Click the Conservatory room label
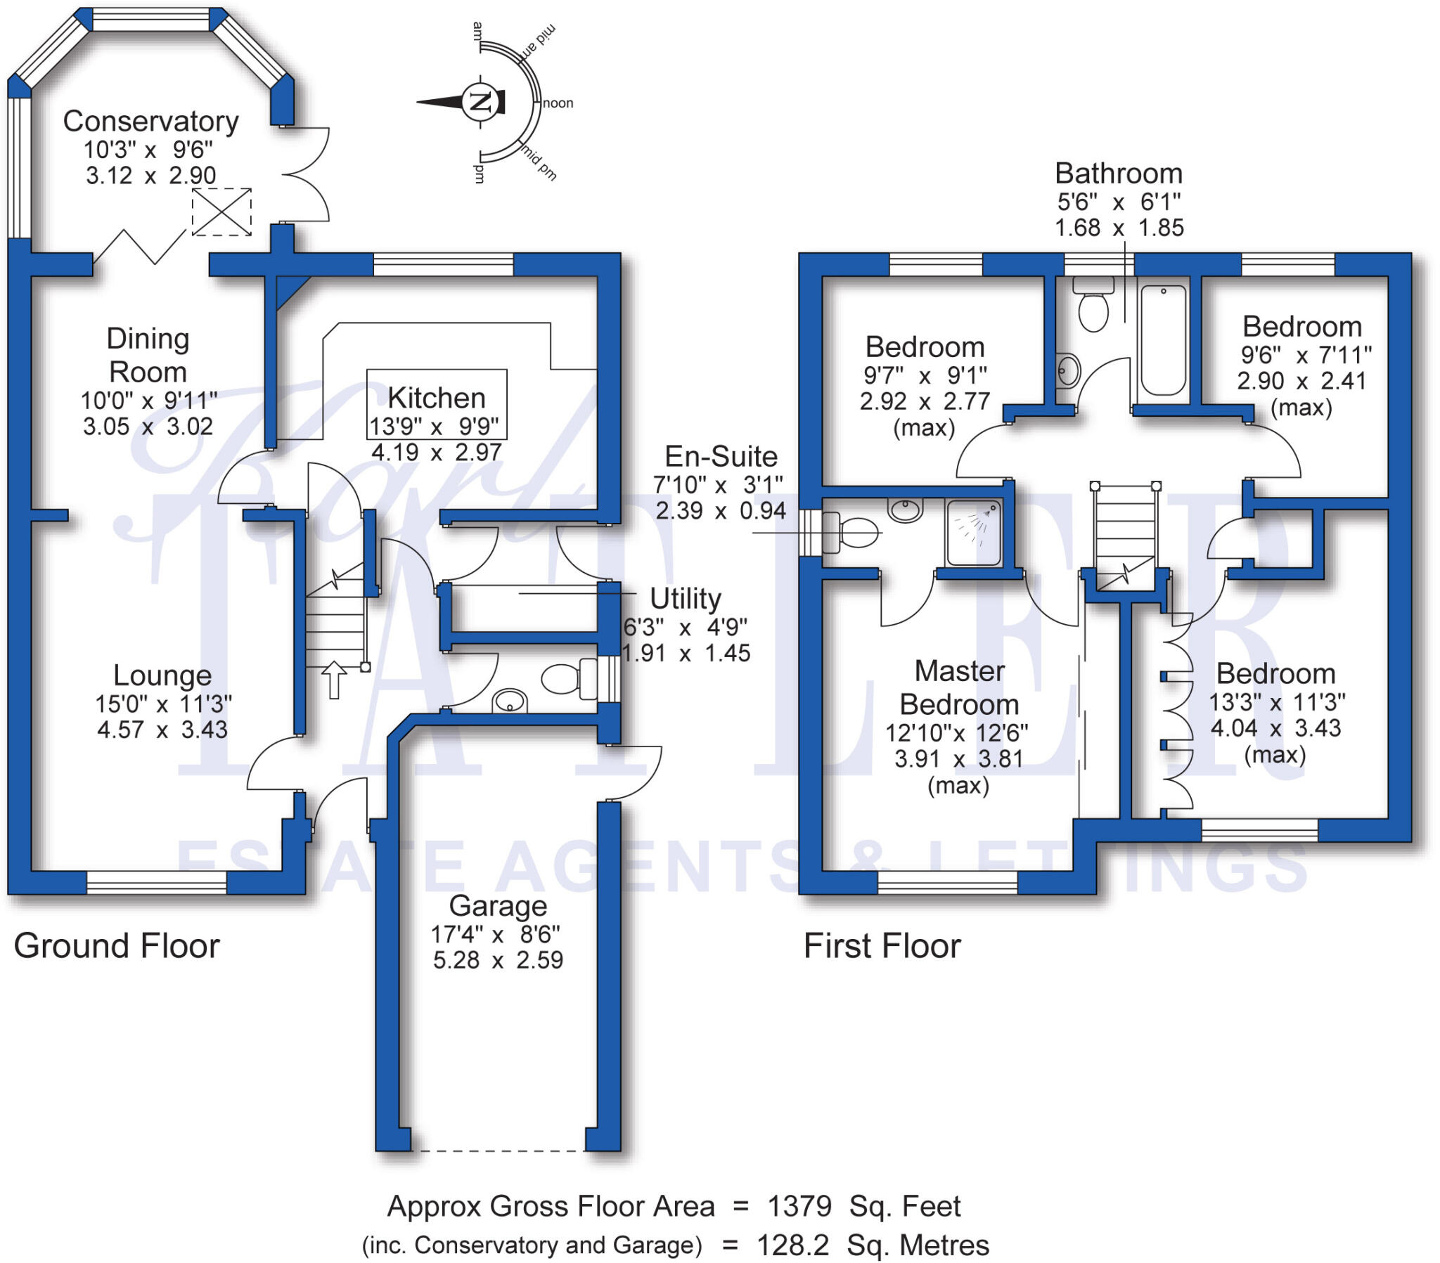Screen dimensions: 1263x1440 click(150, 121)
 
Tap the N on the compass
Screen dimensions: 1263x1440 click(480, 101)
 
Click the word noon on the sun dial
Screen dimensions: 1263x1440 click(558, 103)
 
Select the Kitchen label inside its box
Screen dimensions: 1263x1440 click(436, 398)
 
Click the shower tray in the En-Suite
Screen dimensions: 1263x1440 click(974, 532)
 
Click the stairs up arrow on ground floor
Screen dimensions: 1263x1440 click(334, 679)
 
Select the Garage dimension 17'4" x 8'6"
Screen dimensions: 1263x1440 click(496, 935)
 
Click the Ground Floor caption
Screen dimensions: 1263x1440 click(117, 946)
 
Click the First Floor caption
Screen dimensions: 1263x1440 click(882, 946)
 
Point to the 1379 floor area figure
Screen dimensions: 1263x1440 click(799, 1207)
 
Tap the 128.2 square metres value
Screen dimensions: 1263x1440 click(792, 1245)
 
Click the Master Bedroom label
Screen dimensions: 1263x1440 click(960, 687)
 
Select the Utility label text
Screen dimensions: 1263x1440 click(685, 599)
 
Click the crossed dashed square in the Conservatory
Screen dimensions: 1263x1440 click(222, 212)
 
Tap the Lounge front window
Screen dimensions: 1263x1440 click(156, 883)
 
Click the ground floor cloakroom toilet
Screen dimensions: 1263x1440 click(567, 679)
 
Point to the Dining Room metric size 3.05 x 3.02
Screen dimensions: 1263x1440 click(148, 426)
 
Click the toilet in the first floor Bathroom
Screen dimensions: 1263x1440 click(1093, 307)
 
